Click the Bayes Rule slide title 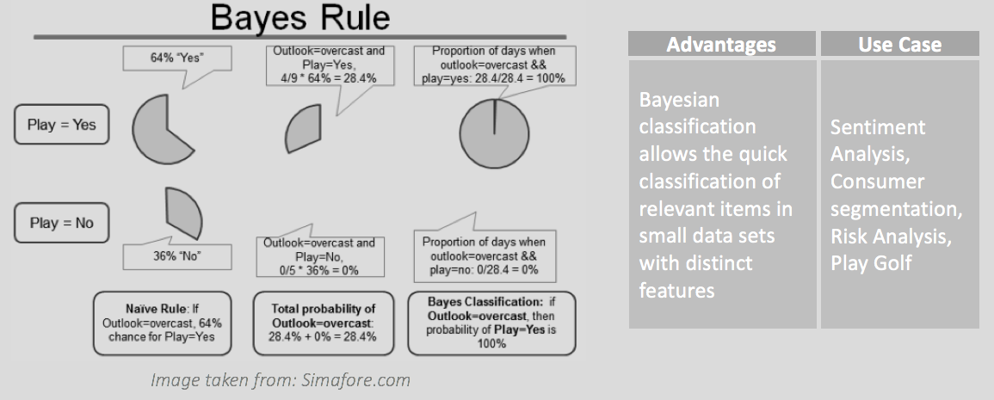(x=299, y=18)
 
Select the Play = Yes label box (x=61, y=124)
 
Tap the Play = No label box (x=61, y=223)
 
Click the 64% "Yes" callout (x=177, y=58)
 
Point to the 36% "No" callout (x=177, y=256)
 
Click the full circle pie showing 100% (x=495, y=133)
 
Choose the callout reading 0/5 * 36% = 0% (x=320, y=256)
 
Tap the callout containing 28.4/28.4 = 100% (x=494, y=65)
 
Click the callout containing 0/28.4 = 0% (x=485, y=255)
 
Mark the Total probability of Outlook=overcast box (x=323, y=323)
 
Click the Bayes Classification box (x=492, y=323)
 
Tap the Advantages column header (x=721, y=45)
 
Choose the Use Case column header (x=899, y=45)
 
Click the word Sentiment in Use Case (x=877, y=126)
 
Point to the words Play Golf (x=871, y=263)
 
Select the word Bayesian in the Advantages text (x=679, y=100)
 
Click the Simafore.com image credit (x=281, y=380)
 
